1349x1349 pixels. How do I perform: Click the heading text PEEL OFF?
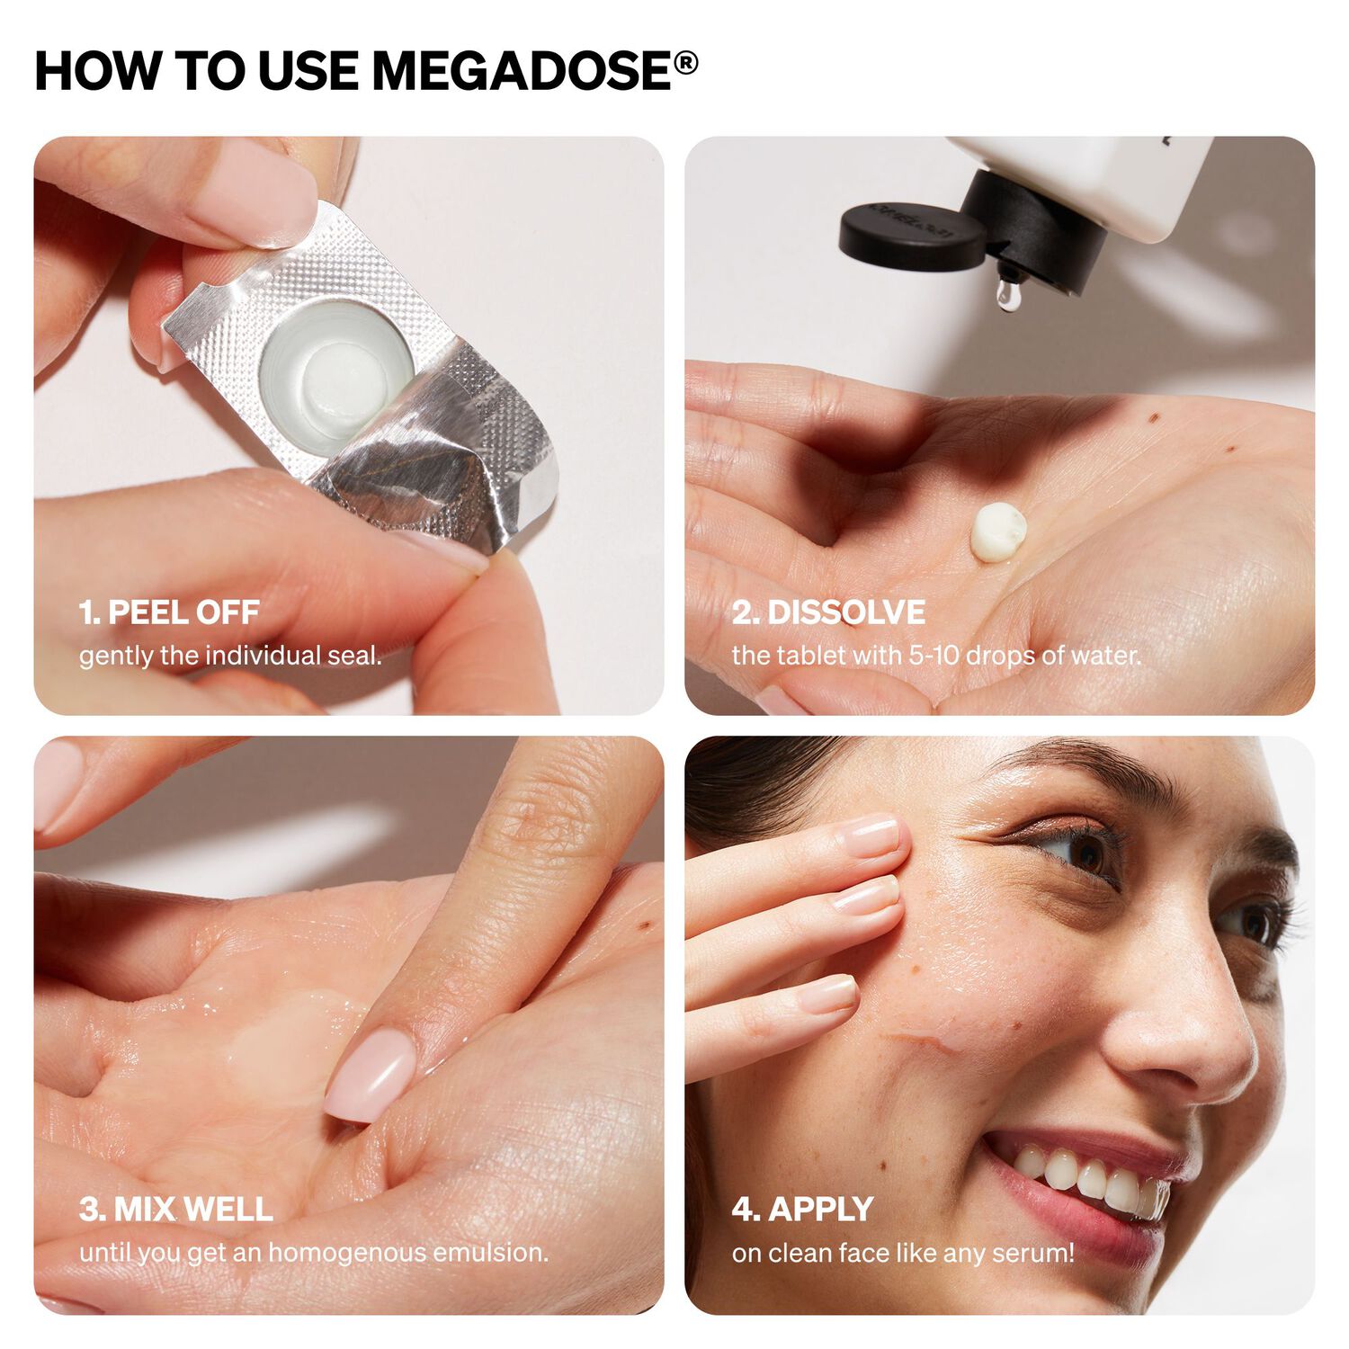coord(183,612)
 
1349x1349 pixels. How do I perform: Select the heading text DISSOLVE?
coord(845,612)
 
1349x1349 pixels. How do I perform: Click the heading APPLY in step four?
coord(820,1209)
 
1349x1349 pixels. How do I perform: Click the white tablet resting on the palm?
coord(998,532)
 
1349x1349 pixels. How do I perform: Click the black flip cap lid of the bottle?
coord(910,237)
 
